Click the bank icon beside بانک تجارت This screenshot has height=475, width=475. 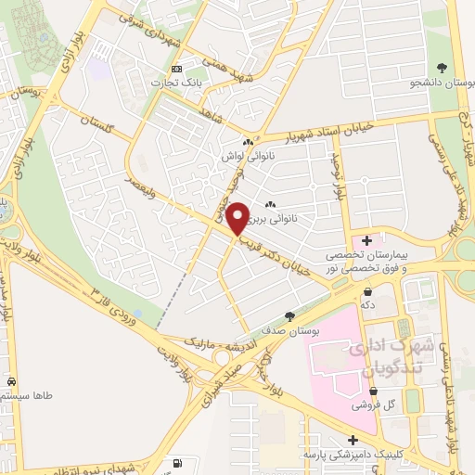[x=176, y=70]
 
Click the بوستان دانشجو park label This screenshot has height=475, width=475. [x=440, y=83]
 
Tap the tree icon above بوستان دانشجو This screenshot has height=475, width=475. [x=442, y=67]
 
